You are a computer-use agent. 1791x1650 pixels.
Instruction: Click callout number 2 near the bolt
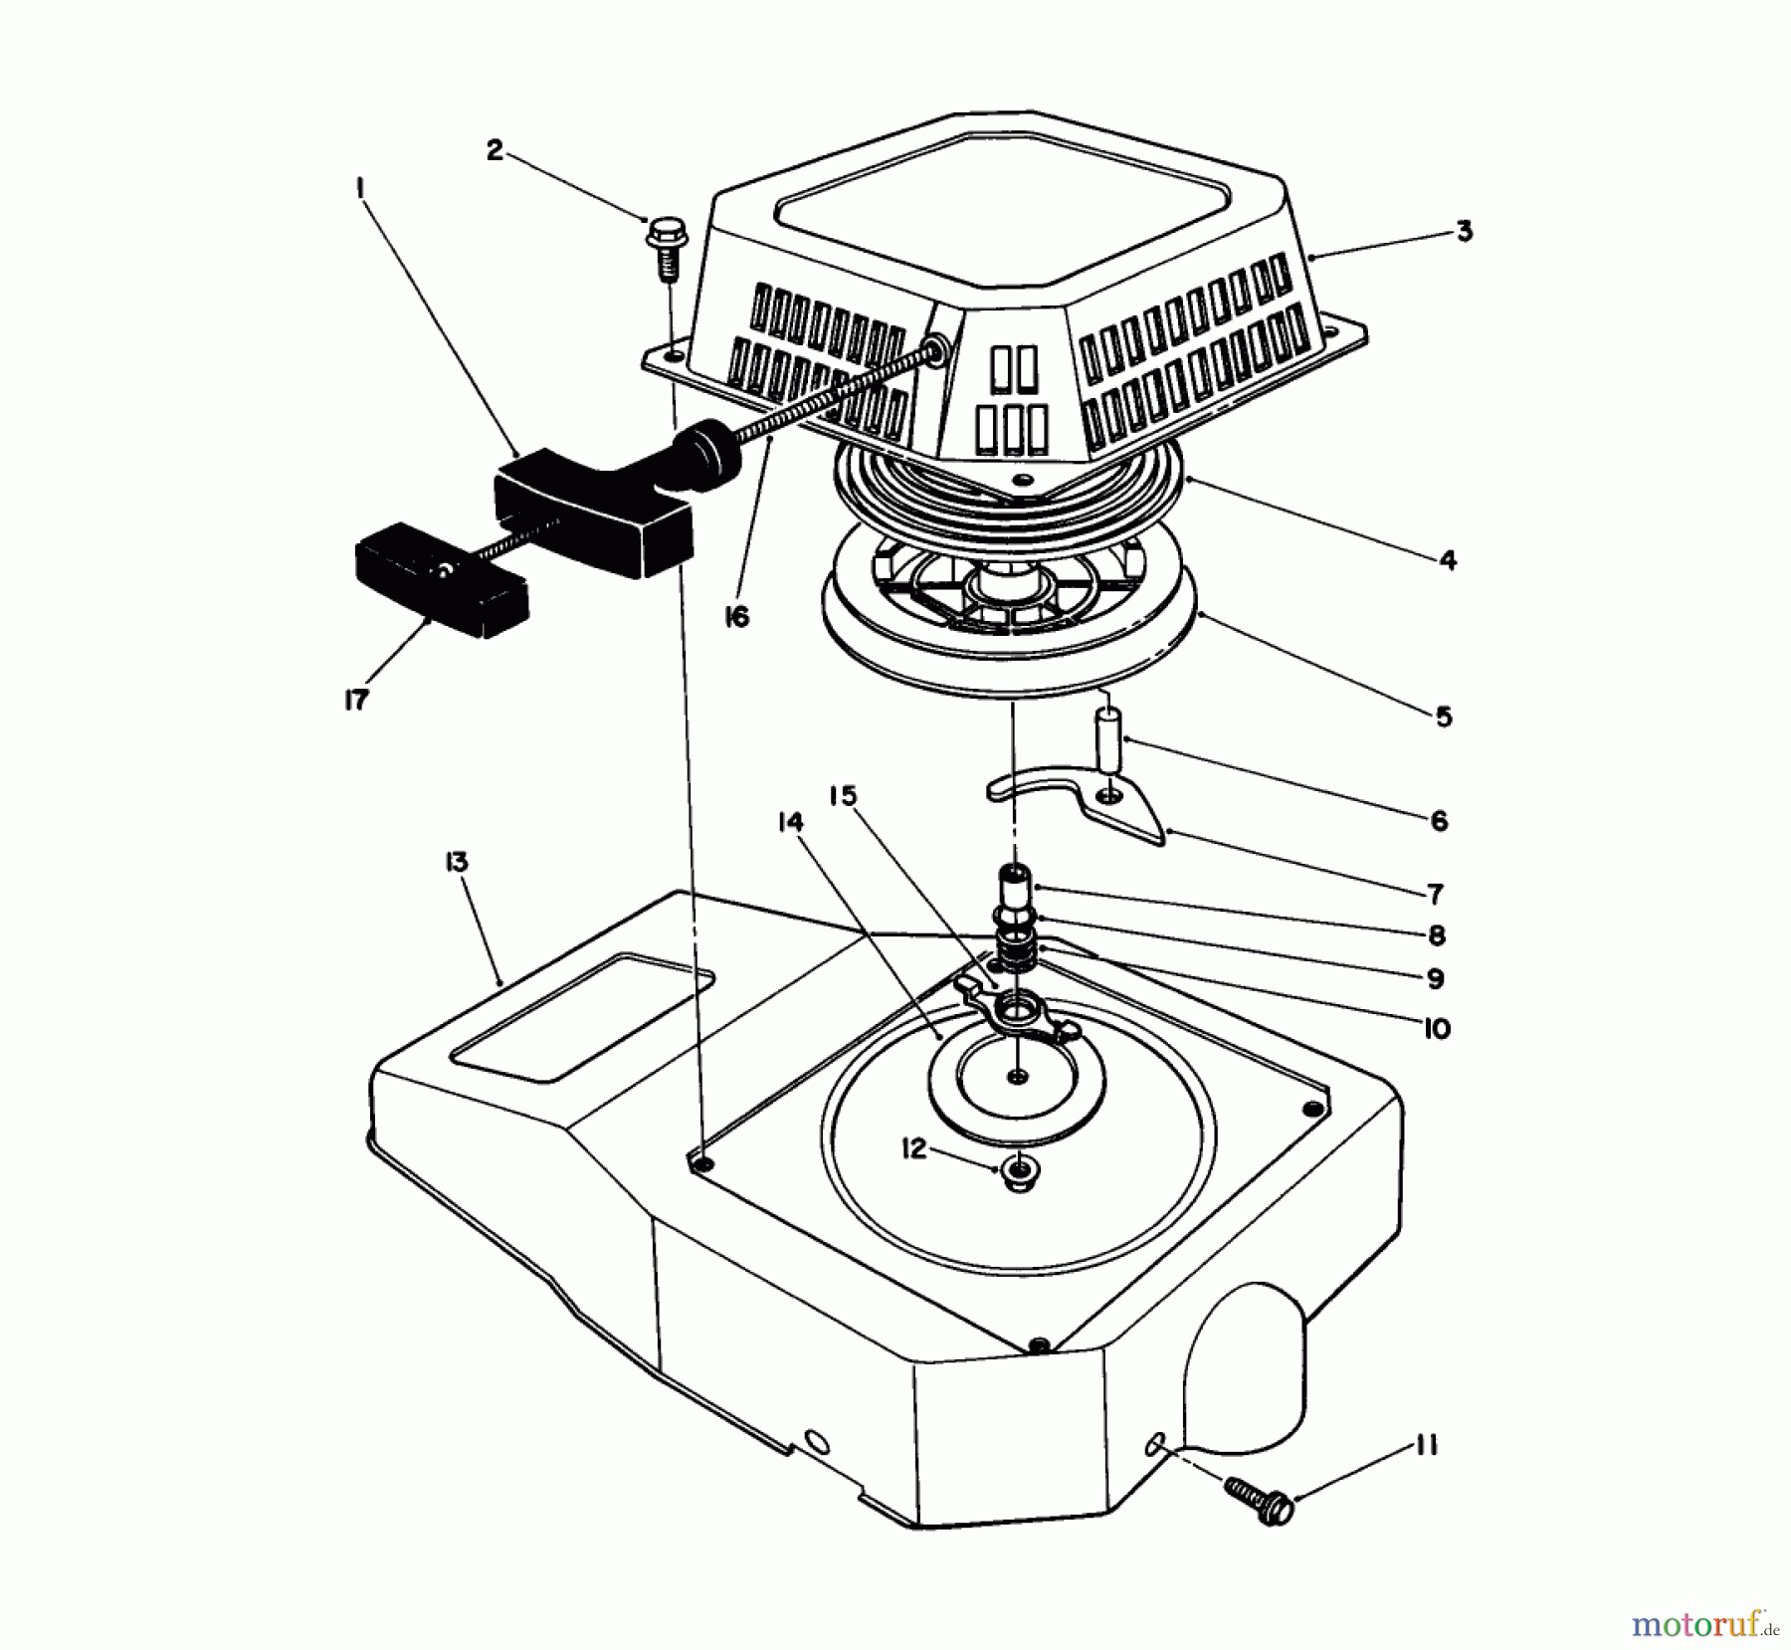(x=495, y=150)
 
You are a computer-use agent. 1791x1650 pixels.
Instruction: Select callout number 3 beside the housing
(x=1464, y=232)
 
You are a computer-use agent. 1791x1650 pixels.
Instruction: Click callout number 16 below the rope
(x=736, y=617)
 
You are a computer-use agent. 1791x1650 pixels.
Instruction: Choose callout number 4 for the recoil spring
(x=1448, y=560)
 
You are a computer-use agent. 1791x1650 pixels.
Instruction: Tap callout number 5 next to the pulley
(x=1444, y=717)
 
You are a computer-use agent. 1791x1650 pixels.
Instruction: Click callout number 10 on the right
(x=1436, y=1027)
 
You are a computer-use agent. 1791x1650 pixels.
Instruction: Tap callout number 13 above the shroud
(x=458, y=862)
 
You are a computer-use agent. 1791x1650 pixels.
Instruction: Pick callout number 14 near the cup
(x=791, y=822)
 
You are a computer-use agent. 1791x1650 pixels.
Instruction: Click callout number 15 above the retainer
(x=841, y=796)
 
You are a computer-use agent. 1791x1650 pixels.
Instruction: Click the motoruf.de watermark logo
(x=1696, y=1626)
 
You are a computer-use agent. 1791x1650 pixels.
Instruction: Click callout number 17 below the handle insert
(x=356, y=700)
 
